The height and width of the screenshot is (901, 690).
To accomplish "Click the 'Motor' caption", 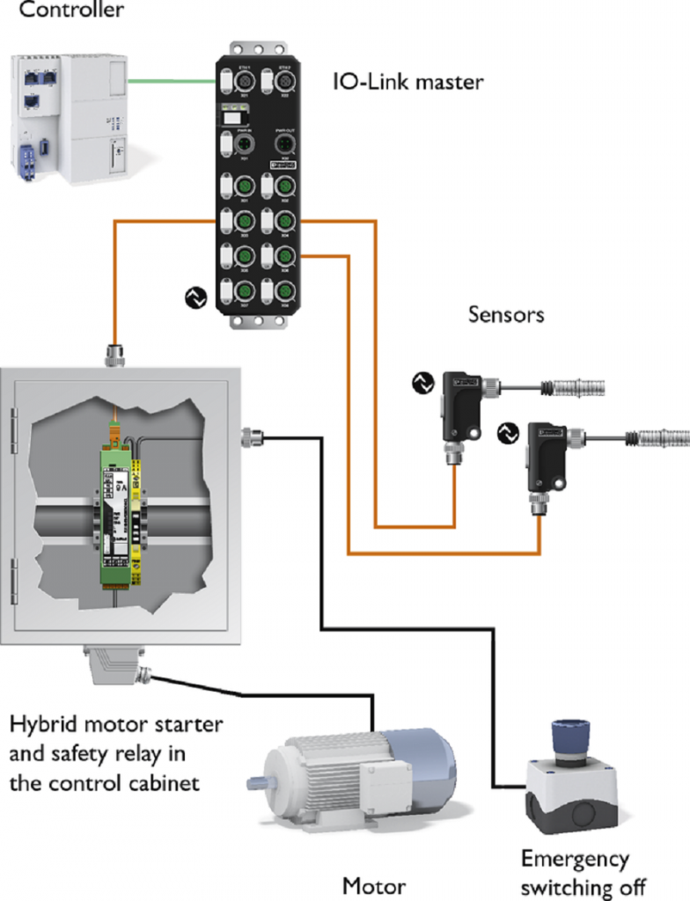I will point(374,884).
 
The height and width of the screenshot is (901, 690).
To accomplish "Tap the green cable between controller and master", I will point(172,82).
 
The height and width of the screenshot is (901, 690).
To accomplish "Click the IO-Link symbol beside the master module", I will point(195,297).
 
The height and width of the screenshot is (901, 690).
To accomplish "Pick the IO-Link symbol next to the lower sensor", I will point(507,432).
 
